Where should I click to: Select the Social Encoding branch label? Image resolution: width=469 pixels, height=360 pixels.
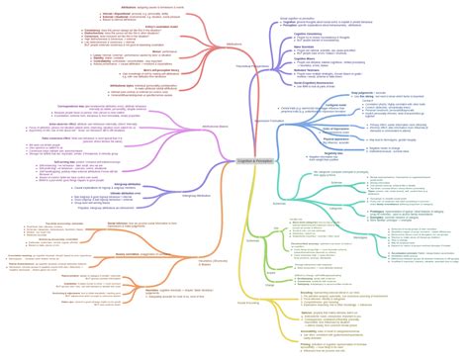point(253,274)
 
